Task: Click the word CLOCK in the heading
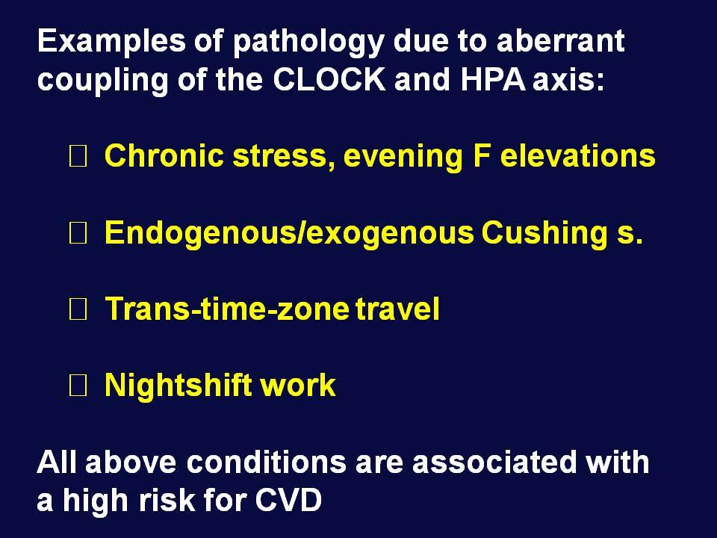[329, 79]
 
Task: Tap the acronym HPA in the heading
[492, 79]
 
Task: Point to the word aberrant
[560, 40]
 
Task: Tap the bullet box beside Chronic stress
[78, 156]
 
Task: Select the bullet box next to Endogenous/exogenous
[78, 233]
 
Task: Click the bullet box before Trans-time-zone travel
[78, 309]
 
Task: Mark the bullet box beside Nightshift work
[78, 386]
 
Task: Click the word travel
[398, 309]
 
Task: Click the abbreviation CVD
[288, 500]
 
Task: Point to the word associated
[494, 461]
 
